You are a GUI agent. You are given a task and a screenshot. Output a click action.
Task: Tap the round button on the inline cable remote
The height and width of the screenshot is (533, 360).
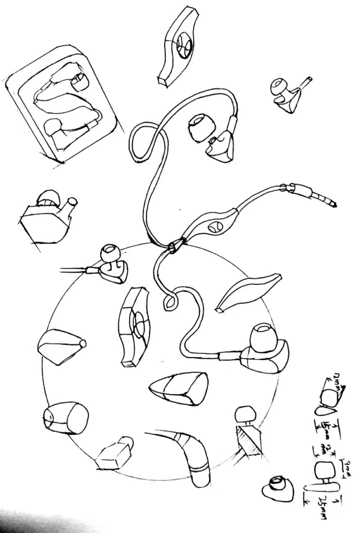214,227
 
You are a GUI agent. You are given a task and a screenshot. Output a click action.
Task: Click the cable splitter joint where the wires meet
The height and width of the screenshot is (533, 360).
173,247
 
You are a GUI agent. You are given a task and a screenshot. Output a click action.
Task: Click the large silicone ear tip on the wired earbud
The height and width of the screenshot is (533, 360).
263,337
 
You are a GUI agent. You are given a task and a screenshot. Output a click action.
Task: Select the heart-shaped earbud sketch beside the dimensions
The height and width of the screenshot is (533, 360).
278,488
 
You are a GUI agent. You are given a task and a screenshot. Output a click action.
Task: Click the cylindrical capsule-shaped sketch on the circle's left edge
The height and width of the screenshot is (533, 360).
66,418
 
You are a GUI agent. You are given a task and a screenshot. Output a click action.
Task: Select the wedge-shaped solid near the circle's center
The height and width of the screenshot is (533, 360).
180,389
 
